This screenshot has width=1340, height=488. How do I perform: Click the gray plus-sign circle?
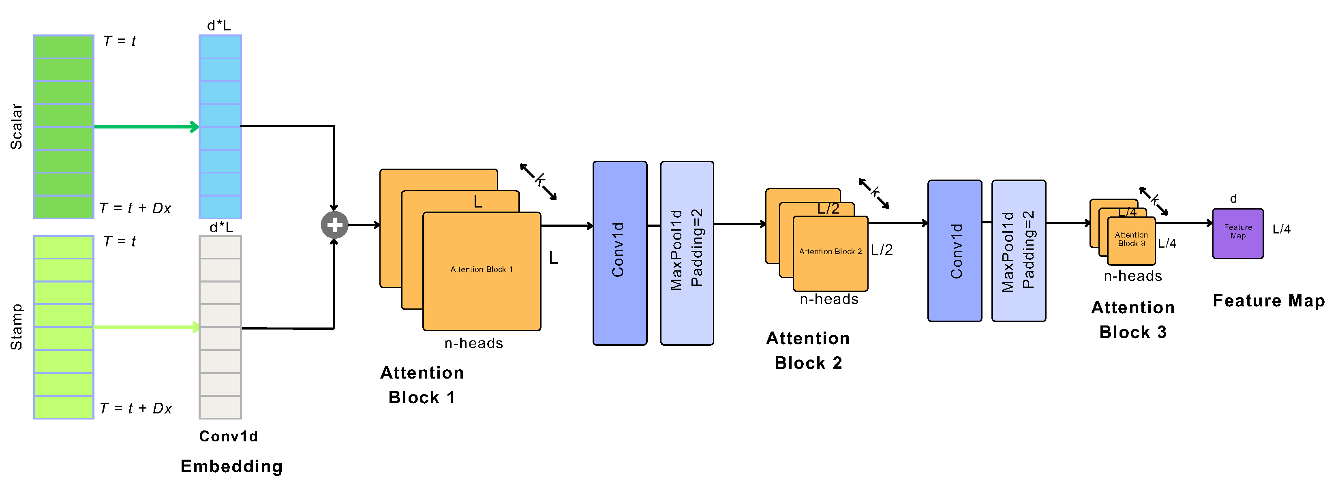(334, 225)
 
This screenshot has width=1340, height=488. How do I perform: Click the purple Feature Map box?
(1237, 233)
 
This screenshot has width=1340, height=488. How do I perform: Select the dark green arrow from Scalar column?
(146, 126)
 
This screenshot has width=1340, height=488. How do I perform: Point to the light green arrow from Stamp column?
(146, 327)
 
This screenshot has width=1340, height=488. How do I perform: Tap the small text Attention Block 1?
(481, 269)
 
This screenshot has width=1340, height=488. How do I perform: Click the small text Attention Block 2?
(830, 251)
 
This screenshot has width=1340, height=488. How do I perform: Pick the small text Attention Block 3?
(1131, 239)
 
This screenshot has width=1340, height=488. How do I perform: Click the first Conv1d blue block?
(620, 253)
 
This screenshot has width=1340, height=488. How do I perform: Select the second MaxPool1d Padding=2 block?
(1019, 251)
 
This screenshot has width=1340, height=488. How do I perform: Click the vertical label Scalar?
(16, 126)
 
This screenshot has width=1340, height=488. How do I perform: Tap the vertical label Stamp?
(16, 327)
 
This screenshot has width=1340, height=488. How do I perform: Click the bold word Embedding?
(231, 466)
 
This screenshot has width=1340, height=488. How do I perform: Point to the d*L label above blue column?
(218, 25)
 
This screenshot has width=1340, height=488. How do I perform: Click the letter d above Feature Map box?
(1233, 199)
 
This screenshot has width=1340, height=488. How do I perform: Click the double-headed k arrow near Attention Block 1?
(538, 181)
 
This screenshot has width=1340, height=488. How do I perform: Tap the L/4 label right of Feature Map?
(1281, 229)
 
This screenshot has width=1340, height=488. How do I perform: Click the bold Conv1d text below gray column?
(228, 436)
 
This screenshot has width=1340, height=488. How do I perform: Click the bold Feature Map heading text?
(1268, 300)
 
